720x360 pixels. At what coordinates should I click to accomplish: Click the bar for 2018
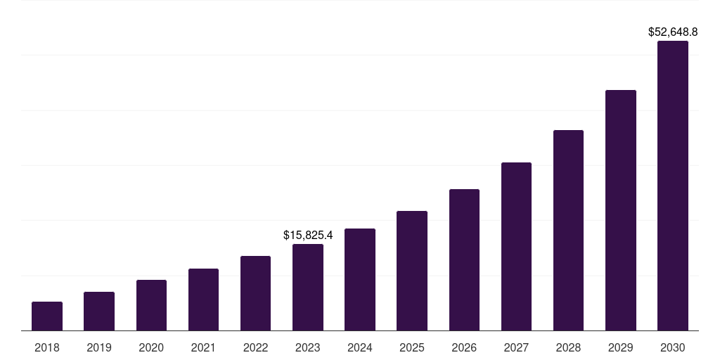click(x=47, y=316)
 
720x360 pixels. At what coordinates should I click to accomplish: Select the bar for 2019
click(x=99, y=311)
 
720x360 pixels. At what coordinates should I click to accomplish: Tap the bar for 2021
click(x=203, y=300)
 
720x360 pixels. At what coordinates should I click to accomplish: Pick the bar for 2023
click(x=308, y=287)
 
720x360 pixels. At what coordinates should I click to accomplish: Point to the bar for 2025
click(x=412, y=271)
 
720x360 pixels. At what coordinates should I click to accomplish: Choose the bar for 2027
click(x=516, y=246)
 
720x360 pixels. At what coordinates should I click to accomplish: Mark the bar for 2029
click(x=621, y=210)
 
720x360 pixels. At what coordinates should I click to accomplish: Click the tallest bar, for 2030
click(x=673, y=186)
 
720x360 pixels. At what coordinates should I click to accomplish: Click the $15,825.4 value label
click(x=308, y=235)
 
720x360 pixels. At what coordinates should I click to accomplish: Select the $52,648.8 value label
click(x=673, y=32)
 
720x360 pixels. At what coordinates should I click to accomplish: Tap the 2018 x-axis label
click(x=47, y=347)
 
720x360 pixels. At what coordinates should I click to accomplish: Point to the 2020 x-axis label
click(x=151, y=347)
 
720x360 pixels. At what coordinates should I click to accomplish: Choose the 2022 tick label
click(x=255, y=347)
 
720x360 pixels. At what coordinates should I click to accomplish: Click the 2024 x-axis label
click(x=360, y=347)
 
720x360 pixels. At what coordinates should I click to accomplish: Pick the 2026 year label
click(x=464, y=347)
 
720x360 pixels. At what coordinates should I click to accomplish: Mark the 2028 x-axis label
click(x=568, y=347)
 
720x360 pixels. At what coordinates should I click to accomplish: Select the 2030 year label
click(x=673, y=347)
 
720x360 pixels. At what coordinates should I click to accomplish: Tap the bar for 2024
click(x=360, y=279)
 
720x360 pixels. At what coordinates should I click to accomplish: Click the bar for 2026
click(x=464, y=259)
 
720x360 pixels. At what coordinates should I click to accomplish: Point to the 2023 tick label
click(x=308, y=347)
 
